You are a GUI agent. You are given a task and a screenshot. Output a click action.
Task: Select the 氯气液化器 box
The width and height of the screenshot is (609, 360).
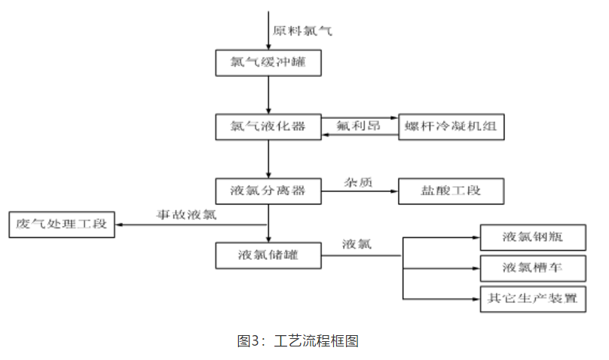pyautogui.click(x=269, y=127)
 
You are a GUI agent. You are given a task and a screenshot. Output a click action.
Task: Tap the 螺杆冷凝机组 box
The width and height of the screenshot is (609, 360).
pyautogui.click(x=451, y=127)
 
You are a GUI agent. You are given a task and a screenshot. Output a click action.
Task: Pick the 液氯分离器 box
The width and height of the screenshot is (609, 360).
pyautogui.click(x=269, y=191)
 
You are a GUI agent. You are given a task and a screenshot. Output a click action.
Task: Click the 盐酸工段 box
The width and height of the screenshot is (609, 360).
pyautogui.click(x=451, y=191)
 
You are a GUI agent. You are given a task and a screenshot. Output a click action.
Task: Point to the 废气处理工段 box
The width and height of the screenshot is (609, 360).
pyautogui.click(x=62, y=224)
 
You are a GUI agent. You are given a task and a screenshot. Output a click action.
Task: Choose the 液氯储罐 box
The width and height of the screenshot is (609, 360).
pyautogui.click(x=269, y=255)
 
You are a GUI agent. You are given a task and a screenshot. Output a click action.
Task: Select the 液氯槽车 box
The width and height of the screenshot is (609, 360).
pyautogui.click(x=533, y=268)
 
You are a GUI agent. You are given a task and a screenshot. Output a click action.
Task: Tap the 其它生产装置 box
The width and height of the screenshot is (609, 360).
pyautogui.click(x=533, y=298)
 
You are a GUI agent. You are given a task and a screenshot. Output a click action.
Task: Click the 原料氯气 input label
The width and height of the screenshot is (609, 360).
pyautogui.click(x=301, y=31)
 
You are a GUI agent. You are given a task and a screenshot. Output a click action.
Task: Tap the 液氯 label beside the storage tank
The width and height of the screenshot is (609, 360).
pyautogui.click(x=357, y=244)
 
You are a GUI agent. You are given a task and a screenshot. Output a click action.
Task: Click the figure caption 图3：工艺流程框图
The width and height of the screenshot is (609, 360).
pyautogui.click(x=297, y=340)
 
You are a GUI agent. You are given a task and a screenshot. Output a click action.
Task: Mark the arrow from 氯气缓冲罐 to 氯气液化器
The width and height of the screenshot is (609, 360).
pyautogui.click(x=269, y=94)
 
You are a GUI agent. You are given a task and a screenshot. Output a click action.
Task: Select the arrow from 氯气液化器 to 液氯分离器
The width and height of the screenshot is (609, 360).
pyautogui.click(x=269, y=158)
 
